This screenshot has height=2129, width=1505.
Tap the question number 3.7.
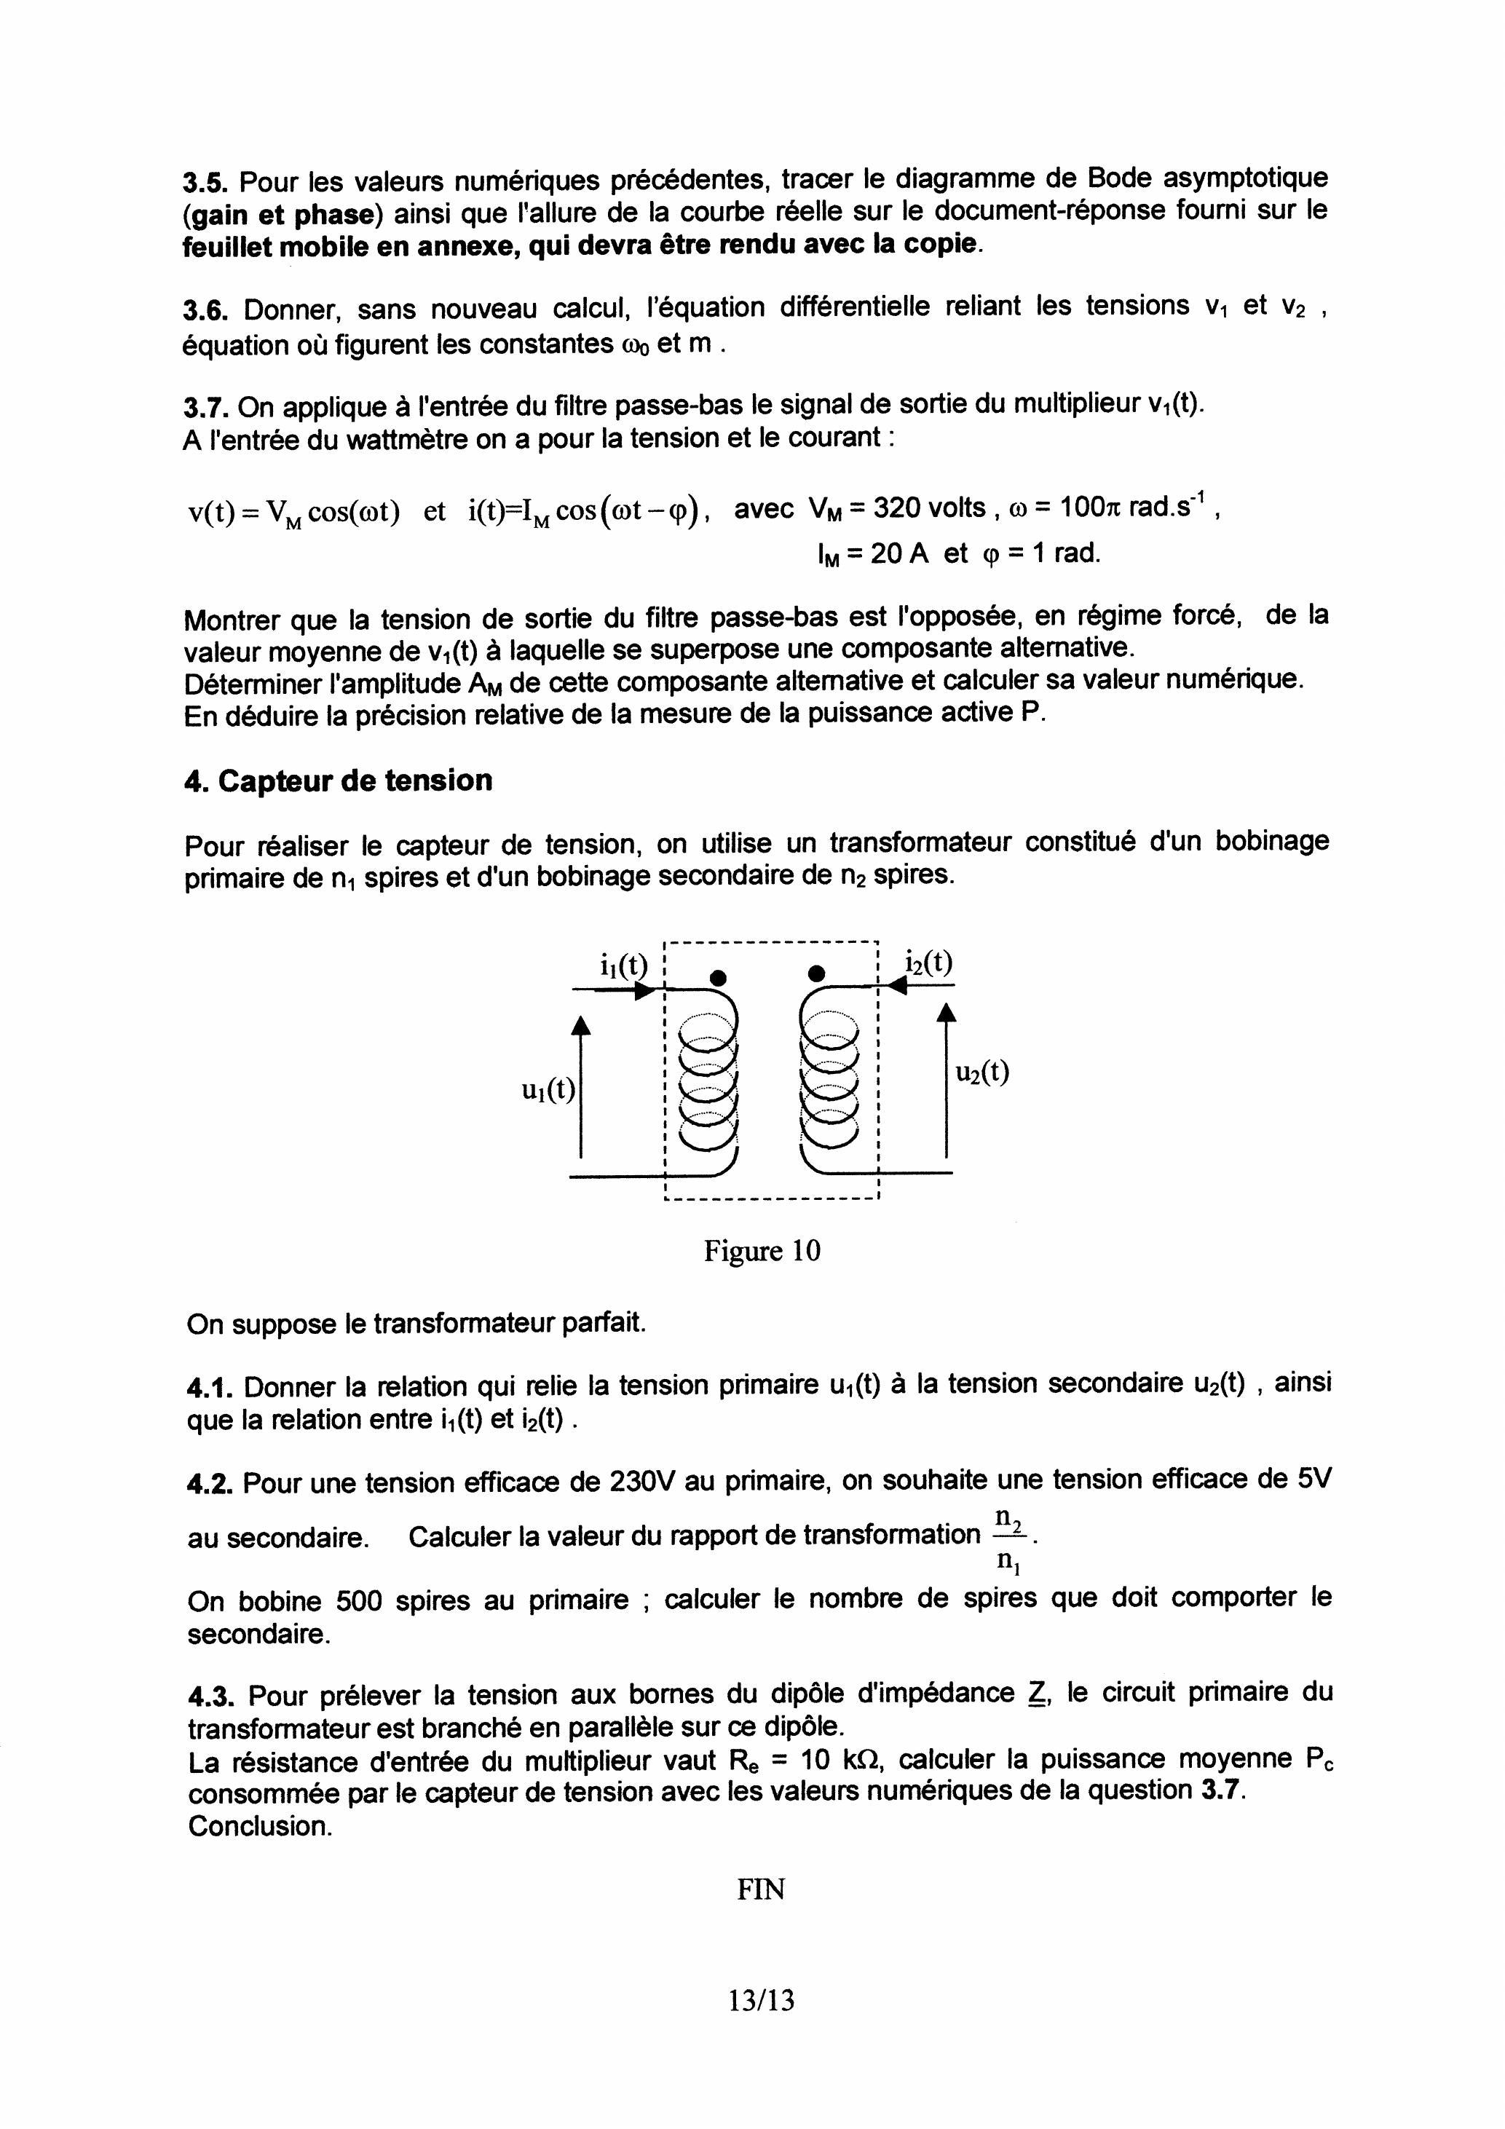coord(205,407)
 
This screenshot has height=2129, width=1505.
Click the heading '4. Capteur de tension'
coord(339,781)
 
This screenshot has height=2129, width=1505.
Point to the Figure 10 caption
coord(762,1251)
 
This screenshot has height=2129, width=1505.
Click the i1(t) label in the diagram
coord(623,965)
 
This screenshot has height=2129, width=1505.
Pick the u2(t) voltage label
coord(982,1073)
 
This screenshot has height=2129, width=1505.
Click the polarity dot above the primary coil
coord(716,977)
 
